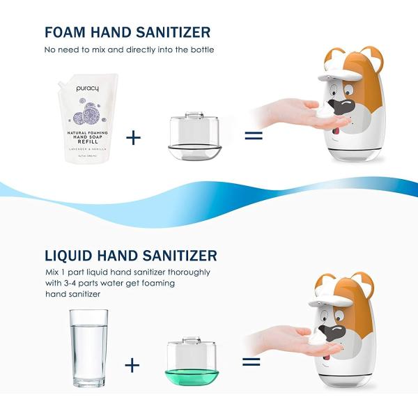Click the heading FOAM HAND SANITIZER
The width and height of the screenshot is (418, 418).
coord(127,32)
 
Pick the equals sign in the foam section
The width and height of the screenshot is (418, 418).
coord(253,134)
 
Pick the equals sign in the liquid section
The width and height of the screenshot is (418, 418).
coord(251,362)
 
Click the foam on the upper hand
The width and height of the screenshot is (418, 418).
coord(324,111)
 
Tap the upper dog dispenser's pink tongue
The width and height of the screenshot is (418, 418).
coord(337,124)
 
